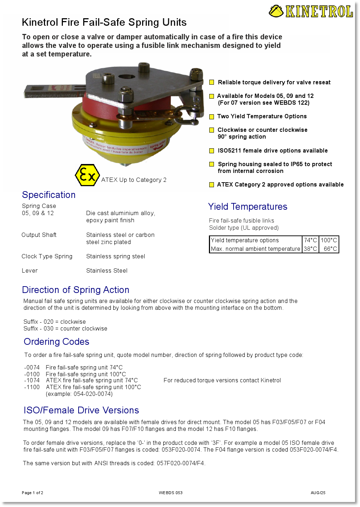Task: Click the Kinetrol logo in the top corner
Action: (311, 11)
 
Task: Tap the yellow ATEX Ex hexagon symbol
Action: (87, 175)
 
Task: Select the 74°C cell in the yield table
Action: (310, 240)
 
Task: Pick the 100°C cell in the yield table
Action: (329, 240)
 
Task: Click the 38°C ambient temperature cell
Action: (310, 249)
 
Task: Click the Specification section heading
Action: (49, 195)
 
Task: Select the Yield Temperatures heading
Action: (247, 207)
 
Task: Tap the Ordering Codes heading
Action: (56, 342)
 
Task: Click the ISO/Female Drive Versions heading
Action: (81, 411)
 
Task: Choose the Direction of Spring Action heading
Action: (75, 290)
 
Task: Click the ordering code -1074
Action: (32, 381)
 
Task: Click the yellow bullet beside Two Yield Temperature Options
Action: (211, 117)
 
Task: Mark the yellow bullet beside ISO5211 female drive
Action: (212, 151)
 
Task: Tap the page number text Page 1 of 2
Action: (32, 493)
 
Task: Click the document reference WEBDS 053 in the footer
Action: (171, 493)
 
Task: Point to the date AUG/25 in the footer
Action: (318, 493)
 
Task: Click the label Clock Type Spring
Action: (47, 257)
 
